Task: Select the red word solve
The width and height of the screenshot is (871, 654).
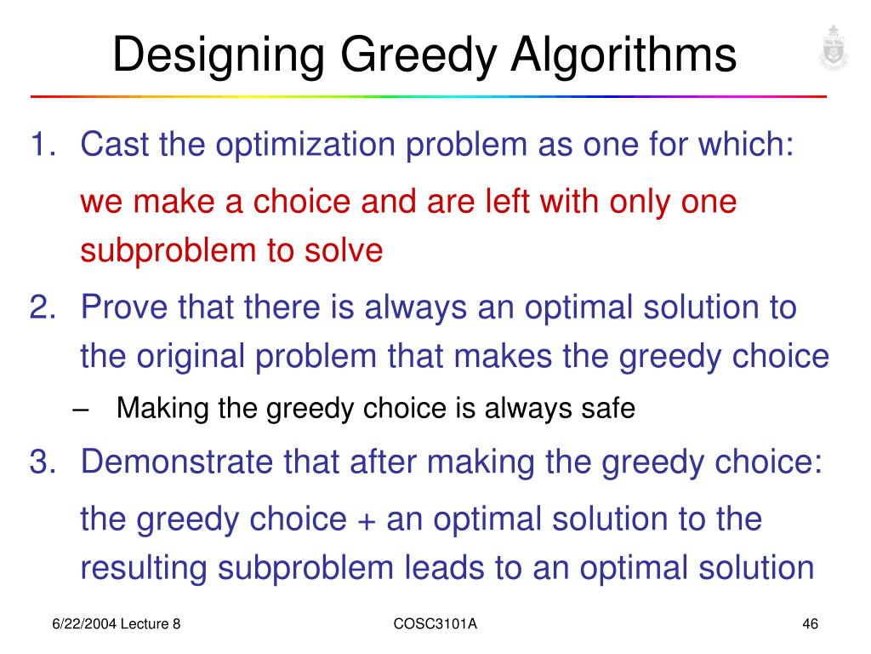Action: pyautogui.click(x=345, y=250)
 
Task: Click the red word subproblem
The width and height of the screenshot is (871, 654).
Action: pyautogui.click(x=170, y=251)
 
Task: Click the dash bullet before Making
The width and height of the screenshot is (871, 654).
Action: pyautogui.click(x=82, y=410)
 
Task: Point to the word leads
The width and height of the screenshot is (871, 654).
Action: pyautogui.click(x=479, y=567)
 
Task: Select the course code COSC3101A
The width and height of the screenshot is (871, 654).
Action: pyautogui.click(x=435, y=625)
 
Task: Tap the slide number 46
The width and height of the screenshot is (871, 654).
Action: pyautogui.click(x=810, y=625)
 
